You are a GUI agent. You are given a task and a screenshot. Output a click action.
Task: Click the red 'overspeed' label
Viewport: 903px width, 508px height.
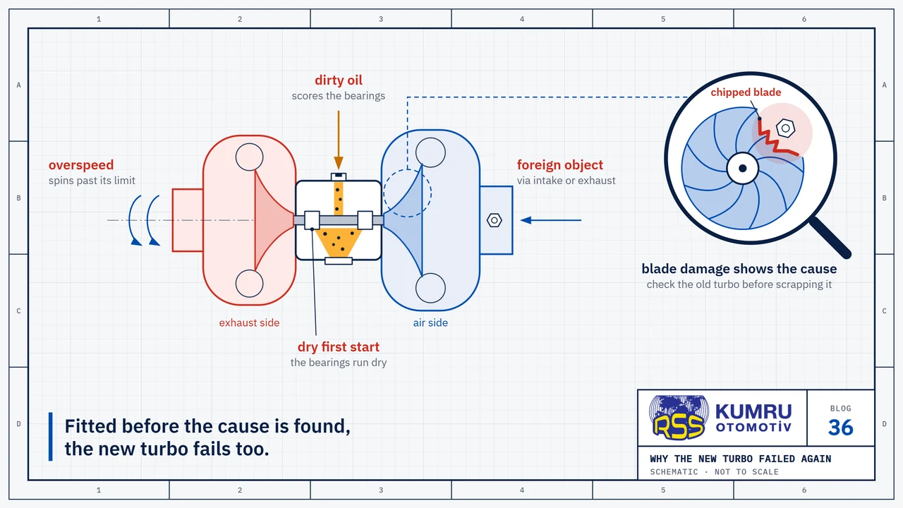coord(81,165)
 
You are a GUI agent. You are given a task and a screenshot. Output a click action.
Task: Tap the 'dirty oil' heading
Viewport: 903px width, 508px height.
coord(338,80)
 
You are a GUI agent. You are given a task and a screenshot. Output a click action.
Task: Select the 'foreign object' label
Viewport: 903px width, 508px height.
coord(560,165)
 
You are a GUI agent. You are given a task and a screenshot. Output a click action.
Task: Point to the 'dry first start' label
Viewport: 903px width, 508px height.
coord(338,346)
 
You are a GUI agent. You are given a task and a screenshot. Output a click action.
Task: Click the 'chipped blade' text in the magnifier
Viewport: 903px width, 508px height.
coord(746,92)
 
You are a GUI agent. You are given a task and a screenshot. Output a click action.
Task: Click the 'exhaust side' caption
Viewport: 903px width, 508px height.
coord(249,322)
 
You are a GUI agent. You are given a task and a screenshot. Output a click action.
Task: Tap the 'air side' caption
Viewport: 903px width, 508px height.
coord(430,322)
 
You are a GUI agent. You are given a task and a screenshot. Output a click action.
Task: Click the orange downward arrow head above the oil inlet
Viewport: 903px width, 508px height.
coord(338,163)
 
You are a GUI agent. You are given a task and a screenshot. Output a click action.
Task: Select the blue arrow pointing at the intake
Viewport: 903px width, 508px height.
coord(551,220)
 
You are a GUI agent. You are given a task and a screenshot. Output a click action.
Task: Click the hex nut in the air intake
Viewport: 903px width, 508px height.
coord(495,220)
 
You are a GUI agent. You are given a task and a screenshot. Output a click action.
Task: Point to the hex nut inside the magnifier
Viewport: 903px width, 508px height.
coord(785,128)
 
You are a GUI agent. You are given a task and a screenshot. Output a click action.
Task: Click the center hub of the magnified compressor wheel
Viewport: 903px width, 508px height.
coord(743,168)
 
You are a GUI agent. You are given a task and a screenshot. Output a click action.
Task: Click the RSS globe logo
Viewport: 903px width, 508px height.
coord(679,417)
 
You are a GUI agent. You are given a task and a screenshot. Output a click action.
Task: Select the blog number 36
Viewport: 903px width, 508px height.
coord(840,428)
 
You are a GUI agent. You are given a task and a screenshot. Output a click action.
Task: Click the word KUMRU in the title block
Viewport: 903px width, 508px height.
coord(753,412)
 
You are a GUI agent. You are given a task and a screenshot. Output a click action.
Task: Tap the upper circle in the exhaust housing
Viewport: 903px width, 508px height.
coord(249,157)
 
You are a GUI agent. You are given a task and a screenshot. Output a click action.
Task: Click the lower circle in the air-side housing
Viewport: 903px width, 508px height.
coord(430,288)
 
